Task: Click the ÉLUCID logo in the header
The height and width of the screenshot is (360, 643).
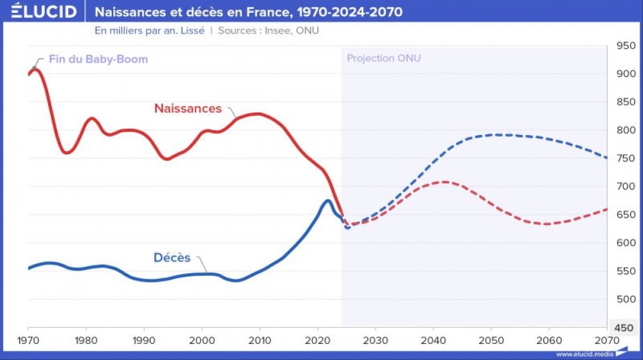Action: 44,12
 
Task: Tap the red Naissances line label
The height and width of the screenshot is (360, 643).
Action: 188,109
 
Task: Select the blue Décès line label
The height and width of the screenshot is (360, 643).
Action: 172,258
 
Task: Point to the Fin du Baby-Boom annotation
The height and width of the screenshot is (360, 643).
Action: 98,59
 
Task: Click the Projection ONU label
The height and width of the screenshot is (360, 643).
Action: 384,58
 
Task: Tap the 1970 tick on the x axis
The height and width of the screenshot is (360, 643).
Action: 28,339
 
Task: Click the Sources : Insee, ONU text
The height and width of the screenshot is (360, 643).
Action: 269,30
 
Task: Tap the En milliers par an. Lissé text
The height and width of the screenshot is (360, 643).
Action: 149,30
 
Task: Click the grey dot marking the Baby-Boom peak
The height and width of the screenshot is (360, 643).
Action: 34,67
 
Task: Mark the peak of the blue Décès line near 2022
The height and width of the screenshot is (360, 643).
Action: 327,201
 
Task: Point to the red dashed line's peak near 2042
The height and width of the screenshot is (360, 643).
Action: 444,182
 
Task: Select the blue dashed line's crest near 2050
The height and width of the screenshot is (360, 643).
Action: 494,134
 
